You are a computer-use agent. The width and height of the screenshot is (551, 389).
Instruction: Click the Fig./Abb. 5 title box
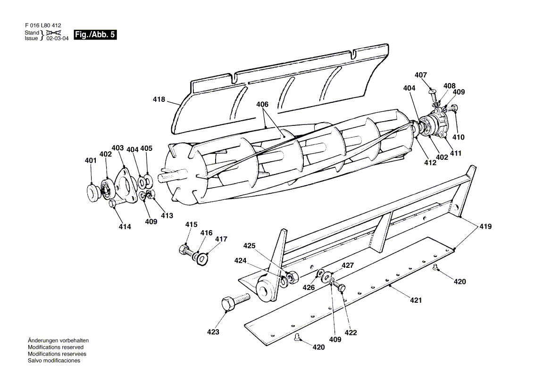[95, 35]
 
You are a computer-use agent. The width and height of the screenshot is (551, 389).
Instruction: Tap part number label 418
[159, 99]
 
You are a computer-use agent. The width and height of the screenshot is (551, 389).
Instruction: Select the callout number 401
[91, 161]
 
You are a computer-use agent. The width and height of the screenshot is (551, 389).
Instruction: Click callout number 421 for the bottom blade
[416, 300]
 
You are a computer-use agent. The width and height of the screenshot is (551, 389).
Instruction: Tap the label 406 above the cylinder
[262, 104]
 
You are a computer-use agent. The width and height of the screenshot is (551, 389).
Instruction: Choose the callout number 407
[421, 75]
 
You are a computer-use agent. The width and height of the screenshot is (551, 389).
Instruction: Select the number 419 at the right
[485, 227]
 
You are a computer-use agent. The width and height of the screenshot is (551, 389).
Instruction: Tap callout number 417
[221, 239]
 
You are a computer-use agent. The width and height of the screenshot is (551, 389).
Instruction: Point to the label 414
[125, 226]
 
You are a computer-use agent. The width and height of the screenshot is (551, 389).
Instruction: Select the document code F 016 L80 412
[43, 25]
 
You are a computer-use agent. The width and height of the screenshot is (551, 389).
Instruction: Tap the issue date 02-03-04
[58, 39]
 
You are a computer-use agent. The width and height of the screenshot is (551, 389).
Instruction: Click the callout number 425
[250, 246]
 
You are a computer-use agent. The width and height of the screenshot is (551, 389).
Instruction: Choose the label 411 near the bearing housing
[456, 153]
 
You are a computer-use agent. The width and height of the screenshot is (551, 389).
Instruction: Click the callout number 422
[351, 332]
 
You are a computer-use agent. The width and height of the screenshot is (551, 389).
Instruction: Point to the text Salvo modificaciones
[54, 361]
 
